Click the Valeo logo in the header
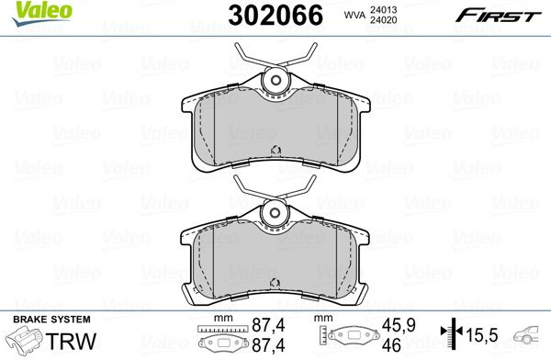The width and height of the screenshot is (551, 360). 42,13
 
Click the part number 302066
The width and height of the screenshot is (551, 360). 275,15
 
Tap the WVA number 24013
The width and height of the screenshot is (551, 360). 383,10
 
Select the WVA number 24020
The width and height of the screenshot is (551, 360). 383,20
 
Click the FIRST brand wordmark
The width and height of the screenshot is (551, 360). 499,16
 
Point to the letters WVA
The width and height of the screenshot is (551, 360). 354,15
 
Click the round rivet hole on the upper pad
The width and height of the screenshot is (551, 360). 275,80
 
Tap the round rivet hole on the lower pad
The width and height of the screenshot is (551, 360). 275,212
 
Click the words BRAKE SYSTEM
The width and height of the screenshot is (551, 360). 51,320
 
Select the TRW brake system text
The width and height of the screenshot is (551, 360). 71,341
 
